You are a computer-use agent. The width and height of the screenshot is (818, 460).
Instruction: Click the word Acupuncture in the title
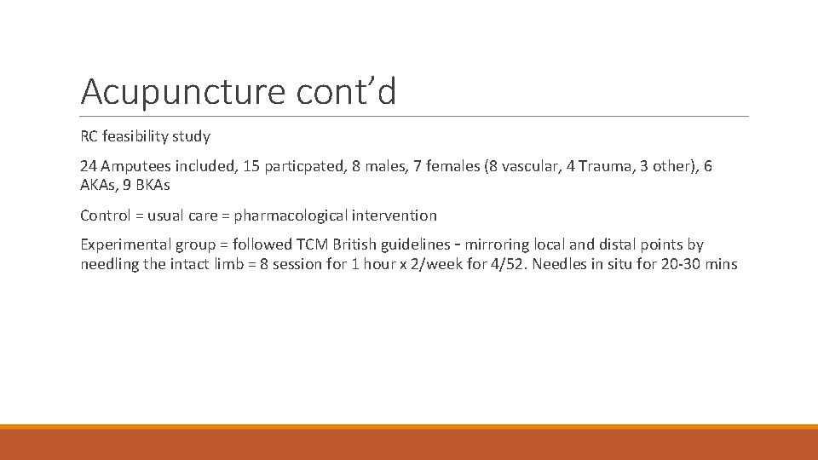[184, 92]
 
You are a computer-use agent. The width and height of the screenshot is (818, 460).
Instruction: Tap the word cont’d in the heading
[347, 90]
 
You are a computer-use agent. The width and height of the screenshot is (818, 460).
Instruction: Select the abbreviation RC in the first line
[90, 136]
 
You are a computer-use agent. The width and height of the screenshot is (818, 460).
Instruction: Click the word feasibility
[138, 136]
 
